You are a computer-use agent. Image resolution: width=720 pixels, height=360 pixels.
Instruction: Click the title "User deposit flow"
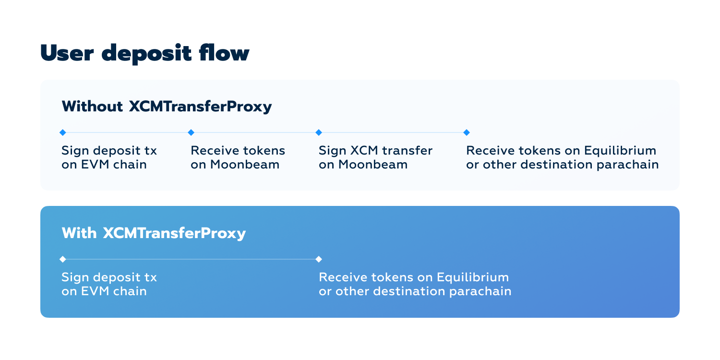point(144,53)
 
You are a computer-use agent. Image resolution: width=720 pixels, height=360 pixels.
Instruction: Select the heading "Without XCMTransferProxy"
point(167,107)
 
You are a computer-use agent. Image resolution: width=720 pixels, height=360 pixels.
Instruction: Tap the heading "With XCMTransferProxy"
point(154,233)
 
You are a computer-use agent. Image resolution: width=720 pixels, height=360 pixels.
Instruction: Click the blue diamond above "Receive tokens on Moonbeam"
point(191,132)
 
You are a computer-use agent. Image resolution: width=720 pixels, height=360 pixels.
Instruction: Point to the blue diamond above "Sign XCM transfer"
point(318,132)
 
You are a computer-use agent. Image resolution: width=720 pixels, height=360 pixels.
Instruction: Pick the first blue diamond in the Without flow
point(62,132)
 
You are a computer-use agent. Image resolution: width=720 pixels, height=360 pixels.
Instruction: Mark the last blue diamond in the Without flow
point(466,132)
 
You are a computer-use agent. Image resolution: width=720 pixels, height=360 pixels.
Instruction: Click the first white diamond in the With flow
point(62,259)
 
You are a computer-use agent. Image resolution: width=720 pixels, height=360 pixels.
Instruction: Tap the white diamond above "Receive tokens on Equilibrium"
point(318,259)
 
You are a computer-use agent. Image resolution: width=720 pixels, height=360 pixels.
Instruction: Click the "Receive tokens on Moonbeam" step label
point(238,157)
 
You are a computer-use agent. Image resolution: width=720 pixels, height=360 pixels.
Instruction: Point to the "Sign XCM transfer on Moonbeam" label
point(375,157)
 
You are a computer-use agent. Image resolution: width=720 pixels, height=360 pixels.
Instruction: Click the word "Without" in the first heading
point(92,107)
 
